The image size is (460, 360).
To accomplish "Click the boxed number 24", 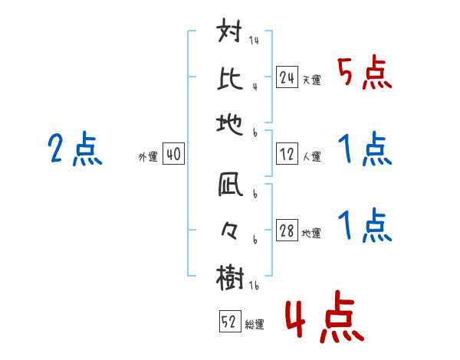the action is point(287,77).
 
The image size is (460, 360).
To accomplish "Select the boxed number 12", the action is point(287,153).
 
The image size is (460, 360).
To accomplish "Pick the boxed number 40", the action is point(173,154).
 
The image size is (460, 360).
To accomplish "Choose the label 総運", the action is point(254,324).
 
